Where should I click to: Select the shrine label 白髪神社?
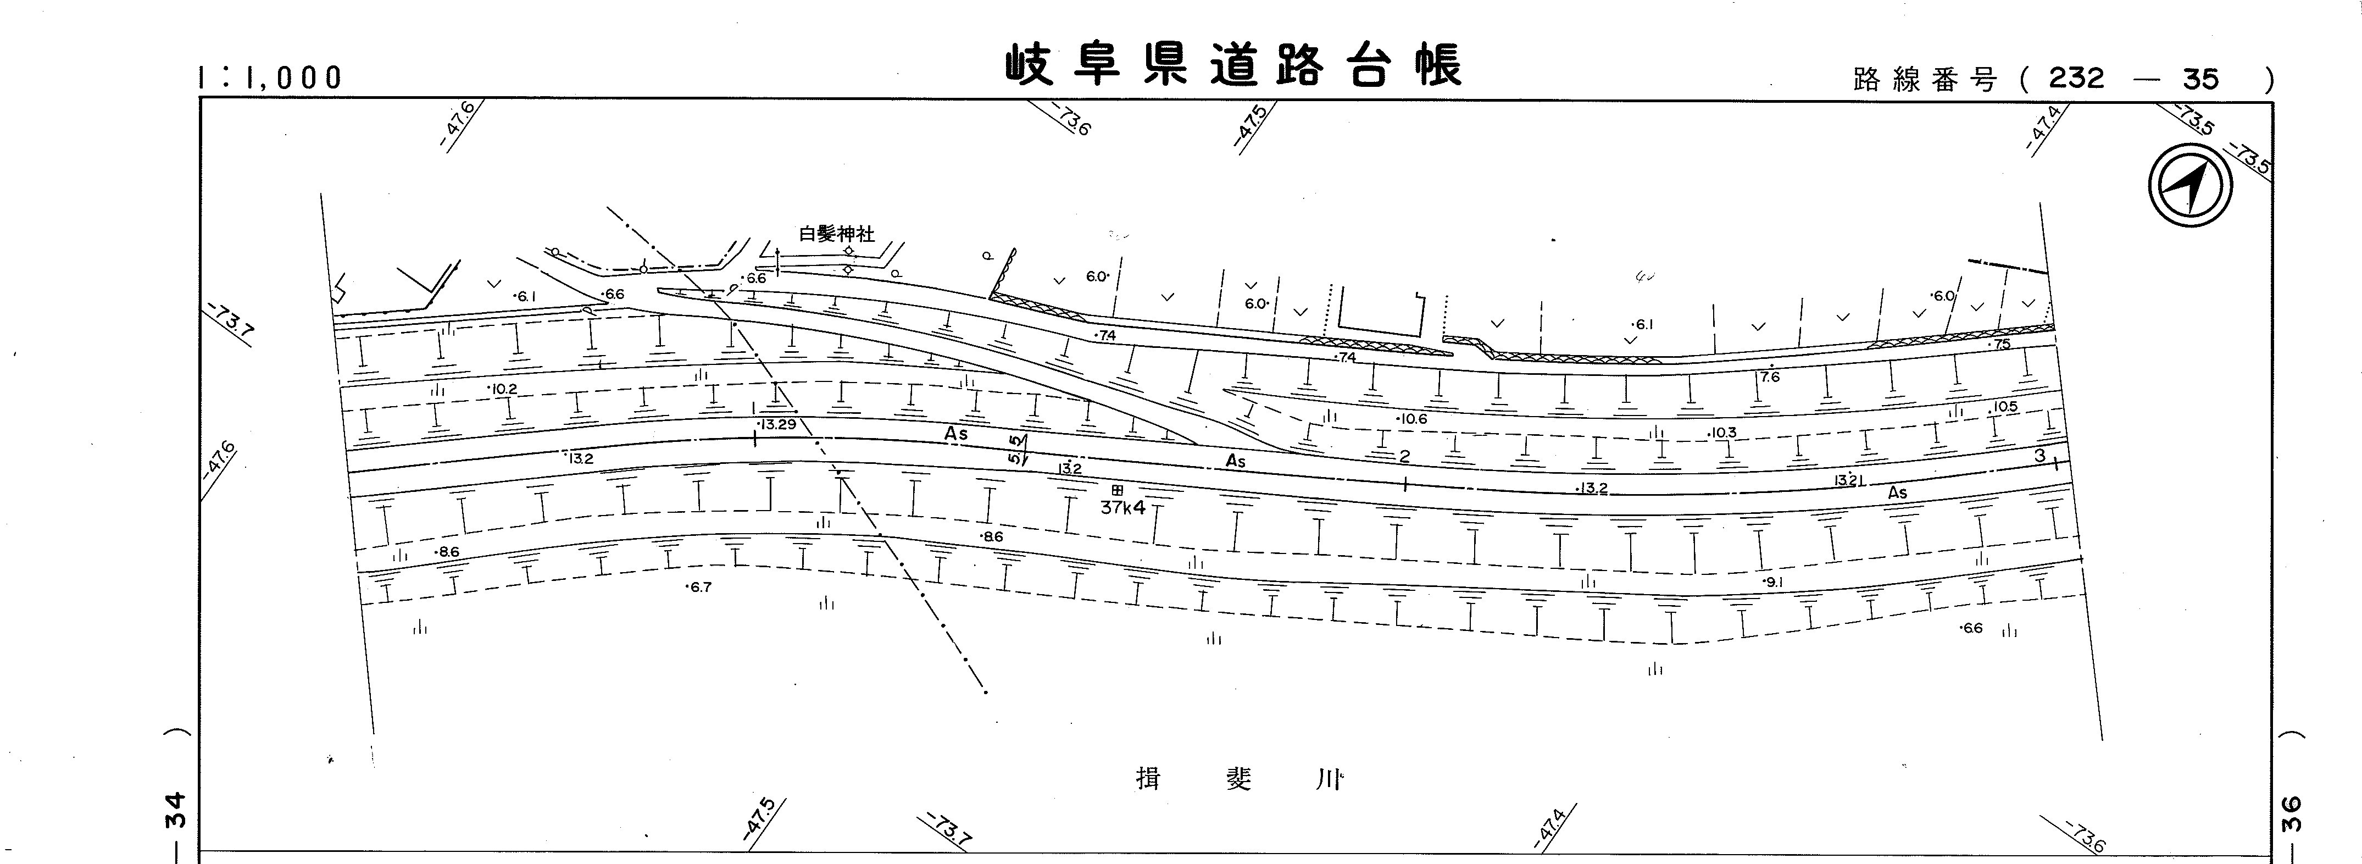836,234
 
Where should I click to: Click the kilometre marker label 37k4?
1123,507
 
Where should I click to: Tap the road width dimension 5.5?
1015,450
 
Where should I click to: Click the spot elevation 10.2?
503,389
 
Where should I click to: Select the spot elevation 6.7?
699,587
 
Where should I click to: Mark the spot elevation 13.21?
1846,480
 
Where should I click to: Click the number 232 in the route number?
2077,79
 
